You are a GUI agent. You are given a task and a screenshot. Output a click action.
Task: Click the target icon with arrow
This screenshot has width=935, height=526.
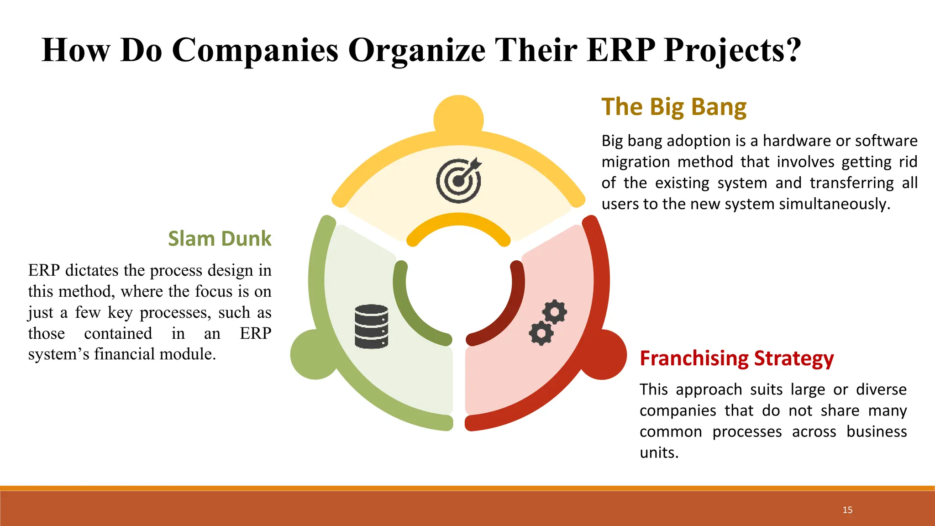tap(458, 181)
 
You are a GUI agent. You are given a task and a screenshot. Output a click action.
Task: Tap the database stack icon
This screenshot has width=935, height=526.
tap(371, 326)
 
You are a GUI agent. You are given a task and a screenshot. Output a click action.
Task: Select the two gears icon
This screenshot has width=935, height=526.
tap(548, 322)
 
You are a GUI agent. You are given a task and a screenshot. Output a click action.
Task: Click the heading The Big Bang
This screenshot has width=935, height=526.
tap(674, 107)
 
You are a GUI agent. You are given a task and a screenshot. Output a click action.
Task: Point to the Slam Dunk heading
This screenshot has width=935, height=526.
tap(220, 238)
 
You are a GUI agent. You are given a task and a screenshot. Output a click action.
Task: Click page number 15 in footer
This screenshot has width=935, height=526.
tap(847, 510)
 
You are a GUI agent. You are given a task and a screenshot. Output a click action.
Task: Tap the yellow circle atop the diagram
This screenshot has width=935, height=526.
tap(458, 116)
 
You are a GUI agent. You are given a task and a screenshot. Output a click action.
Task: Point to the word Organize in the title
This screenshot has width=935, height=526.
tap(416, 50)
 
